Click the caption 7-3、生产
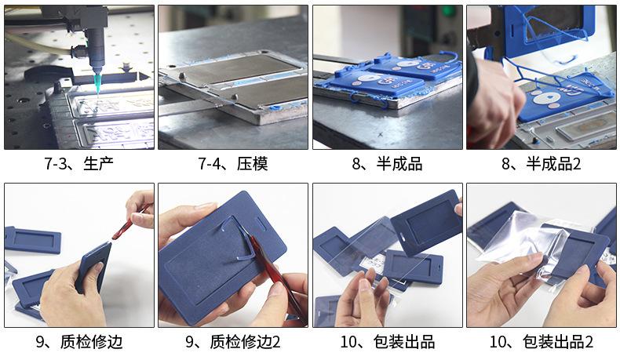78,163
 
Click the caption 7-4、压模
233,163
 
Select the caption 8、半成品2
542,163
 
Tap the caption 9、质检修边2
233,341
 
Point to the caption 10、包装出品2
542,341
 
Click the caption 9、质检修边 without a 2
79,341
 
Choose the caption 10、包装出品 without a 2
388,341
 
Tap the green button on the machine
448,11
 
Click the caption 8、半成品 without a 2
388,163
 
